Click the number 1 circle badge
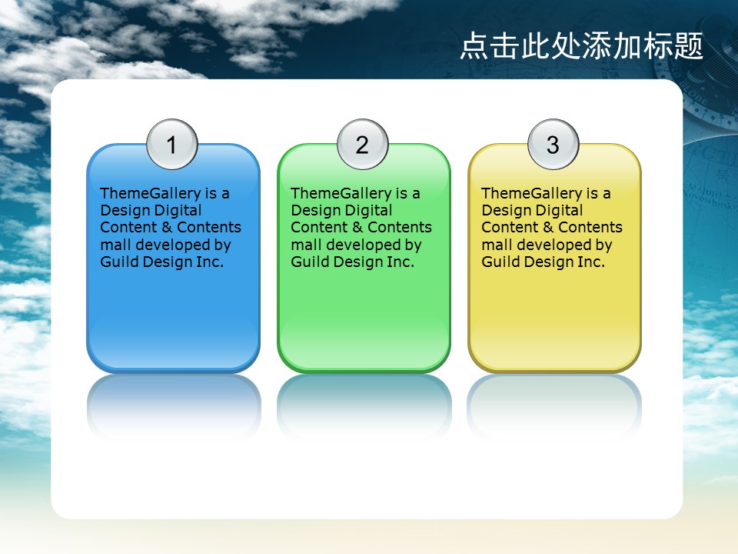pyautogui.click(x=171, y=144)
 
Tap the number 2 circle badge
pyautogui.click(x=362, y=144)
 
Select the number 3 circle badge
pyautogui.click(x=553, y=144)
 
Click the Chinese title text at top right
pyautogui.click(x=581, y=45)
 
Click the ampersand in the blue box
pyautogui.click(x=167, y=228)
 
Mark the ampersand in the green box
pyautogui.click(x=357, y=228)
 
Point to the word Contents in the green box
pyautogui.click(x=400, y=228)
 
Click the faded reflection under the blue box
pyautogui.click(x=174, y=405)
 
